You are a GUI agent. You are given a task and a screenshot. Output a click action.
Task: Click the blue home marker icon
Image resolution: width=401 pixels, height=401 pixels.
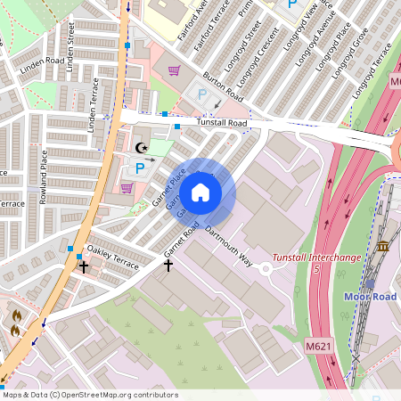click(200, 192)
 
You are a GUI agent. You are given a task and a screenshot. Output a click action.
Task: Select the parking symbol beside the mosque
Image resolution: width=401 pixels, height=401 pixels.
click(138, 166)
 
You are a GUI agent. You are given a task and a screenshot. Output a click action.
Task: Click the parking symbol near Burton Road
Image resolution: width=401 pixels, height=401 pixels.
click(201, 93)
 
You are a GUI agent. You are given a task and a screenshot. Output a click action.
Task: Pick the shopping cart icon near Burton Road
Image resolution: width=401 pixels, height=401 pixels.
click(174, 70)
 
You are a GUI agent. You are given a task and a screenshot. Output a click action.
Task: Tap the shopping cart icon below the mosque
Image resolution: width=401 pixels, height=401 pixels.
click(127, 187)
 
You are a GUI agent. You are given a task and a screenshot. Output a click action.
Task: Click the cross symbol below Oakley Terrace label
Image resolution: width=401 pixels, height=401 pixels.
click(84, 266)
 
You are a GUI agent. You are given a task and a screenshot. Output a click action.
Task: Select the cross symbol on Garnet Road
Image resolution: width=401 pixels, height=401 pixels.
click(168, 265)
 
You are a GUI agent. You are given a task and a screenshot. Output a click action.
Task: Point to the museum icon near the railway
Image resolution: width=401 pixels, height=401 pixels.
click(383, 245)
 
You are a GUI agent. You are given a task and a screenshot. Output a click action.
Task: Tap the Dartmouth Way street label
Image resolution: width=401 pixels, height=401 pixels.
click(229, 247)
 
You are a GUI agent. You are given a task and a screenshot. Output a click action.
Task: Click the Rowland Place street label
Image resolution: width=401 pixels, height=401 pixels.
click(42, 176)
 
